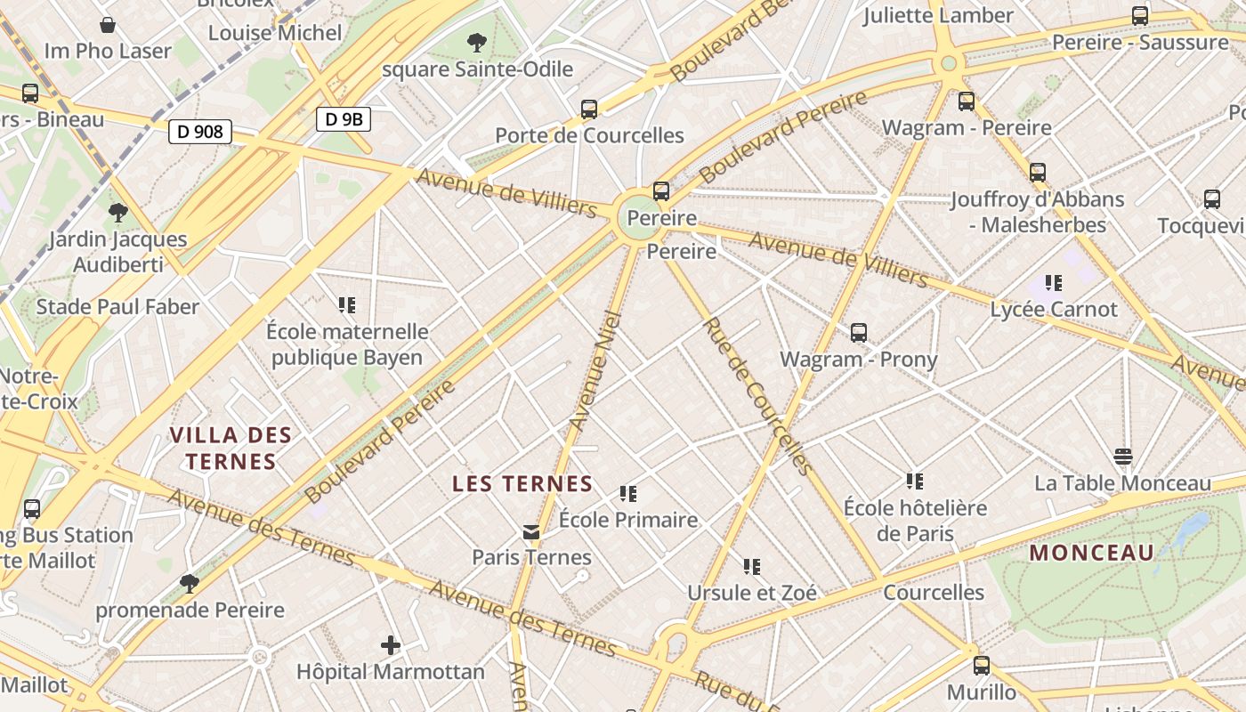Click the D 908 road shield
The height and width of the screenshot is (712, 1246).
(200, 132)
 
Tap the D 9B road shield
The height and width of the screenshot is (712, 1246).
(344, 119)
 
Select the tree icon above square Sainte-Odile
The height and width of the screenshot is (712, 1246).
(477, 42)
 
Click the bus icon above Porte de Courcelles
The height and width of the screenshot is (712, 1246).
(589, 109)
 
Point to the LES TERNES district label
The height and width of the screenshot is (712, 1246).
(522, 484)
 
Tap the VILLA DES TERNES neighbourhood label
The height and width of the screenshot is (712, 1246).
(231, 448)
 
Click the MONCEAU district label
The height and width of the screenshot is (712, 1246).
(1092, 553)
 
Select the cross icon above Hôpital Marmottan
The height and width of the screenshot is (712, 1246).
(391, 645)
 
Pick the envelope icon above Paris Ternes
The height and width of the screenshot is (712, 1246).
(531, 532)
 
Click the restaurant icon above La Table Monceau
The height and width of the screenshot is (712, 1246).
(1123, 457)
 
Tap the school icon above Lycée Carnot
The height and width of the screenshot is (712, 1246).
(1054, 283)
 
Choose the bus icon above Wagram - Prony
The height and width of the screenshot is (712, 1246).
(859, 333)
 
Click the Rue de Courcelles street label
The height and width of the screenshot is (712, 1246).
(758, 396)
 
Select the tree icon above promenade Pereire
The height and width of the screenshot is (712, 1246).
(189, 584)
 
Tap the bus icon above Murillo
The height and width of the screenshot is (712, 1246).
(982, 665)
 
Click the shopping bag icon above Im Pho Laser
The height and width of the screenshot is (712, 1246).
(108, 25)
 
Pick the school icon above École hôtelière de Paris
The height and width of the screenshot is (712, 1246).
(915, 481)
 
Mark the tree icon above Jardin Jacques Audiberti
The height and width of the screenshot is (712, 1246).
(117, 213)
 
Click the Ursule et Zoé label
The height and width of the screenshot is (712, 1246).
(752, 592)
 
